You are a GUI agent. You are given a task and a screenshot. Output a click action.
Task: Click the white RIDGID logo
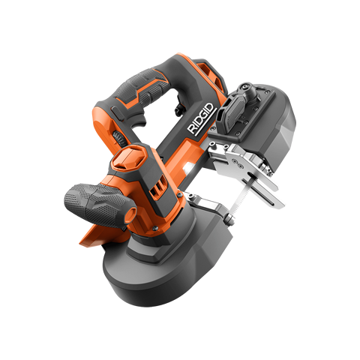coord(202,119)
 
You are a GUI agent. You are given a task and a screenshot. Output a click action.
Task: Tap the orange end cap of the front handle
coord(131,213)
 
